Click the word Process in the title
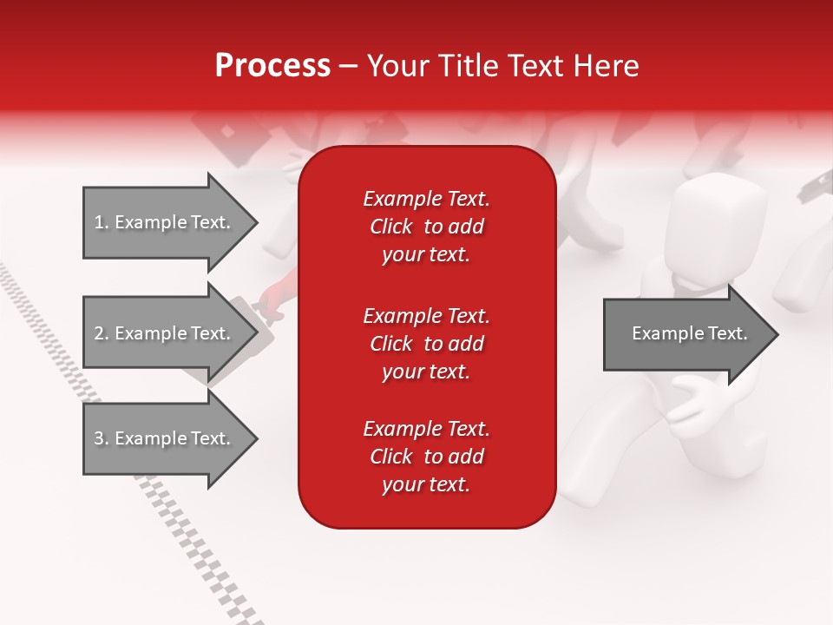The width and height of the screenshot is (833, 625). pos(272,66)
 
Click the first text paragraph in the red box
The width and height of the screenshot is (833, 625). pos(427,226)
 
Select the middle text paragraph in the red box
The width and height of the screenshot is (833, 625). pos(427,343)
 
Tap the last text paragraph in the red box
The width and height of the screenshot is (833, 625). pos(427,457)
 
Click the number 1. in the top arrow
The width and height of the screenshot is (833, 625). pos(102,222)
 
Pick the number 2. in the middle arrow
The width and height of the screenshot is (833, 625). pos(102,333)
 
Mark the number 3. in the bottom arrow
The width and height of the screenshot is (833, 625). pos(102,438)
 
